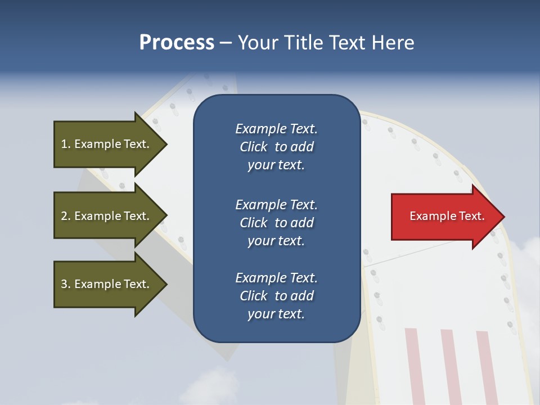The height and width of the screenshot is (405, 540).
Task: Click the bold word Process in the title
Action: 177,43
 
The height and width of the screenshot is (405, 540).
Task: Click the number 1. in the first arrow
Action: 66,144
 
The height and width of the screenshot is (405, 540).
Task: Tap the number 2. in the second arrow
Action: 66,216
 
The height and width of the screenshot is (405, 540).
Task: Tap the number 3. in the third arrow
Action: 66,284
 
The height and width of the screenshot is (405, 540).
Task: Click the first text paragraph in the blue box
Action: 276,147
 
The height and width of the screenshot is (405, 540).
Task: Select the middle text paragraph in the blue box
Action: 276,223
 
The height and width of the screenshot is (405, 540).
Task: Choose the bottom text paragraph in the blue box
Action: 276,296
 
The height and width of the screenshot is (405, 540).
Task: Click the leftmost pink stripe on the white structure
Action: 414,366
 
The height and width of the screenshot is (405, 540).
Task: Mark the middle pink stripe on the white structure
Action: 450,366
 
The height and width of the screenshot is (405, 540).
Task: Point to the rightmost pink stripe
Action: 487,366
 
